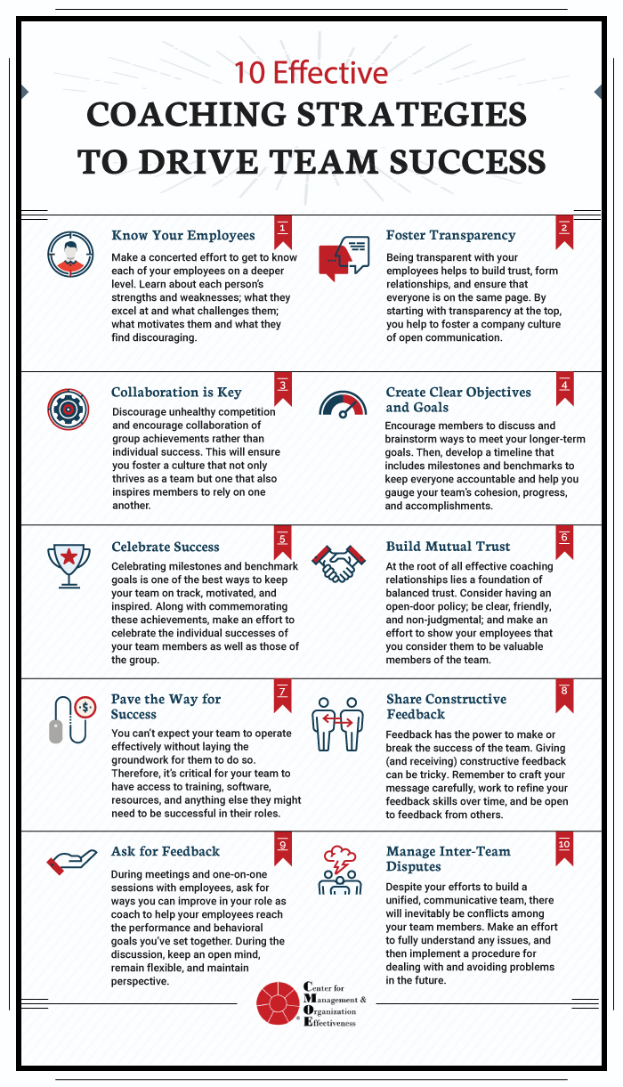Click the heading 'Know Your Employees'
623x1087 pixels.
[182, 236]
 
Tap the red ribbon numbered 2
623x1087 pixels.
[563, 229]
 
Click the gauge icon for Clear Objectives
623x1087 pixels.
[343, 405]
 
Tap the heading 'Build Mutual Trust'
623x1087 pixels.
[448, 547]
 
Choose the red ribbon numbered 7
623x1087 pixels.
[282, 693]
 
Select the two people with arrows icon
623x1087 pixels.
[339, 722]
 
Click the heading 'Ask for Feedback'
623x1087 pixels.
[166, 851]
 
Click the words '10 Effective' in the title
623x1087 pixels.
[311, 72]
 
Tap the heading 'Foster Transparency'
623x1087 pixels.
[450, 236]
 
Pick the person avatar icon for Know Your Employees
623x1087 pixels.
[68, 255]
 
